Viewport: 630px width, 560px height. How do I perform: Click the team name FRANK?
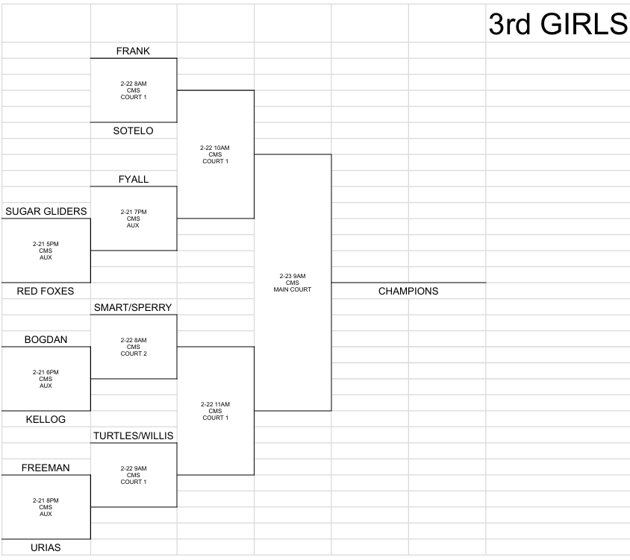point(133,51)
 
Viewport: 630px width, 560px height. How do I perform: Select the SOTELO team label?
point(133,131)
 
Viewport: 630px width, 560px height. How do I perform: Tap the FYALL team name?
point(134,179)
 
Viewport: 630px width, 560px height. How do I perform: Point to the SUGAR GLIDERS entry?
point(46,211)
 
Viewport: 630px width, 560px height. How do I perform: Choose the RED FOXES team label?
point(46,291)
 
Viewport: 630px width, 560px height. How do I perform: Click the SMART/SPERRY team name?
point(133,307)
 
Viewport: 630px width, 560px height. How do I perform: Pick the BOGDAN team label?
point(46,339)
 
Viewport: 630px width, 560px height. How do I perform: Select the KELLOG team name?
point(46,420)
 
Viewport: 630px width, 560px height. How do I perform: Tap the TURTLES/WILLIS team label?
point(134,435)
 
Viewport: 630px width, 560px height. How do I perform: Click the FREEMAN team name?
point(46,468)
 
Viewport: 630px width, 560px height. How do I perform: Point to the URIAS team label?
point(46,547)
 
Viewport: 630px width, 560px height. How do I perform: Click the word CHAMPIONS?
point(408,291)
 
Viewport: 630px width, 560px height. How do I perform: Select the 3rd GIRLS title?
point(558,24)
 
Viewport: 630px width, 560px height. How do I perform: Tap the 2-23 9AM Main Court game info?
point(293,283)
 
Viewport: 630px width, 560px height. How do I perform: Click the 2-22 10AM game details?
point(215,154)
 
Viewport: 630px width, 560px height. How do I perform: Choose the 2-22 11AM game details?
point(216,411)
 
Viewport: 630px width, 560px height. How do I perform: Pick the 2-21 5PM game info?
point(46,251)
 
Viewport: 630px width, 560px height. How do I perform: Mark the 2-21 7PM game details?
point(134,218)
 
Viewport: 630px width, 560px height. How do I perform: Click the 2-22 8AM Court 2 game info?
point(134,347)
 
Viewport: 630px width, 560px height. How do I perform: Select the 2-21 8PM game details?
point(46,507)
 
